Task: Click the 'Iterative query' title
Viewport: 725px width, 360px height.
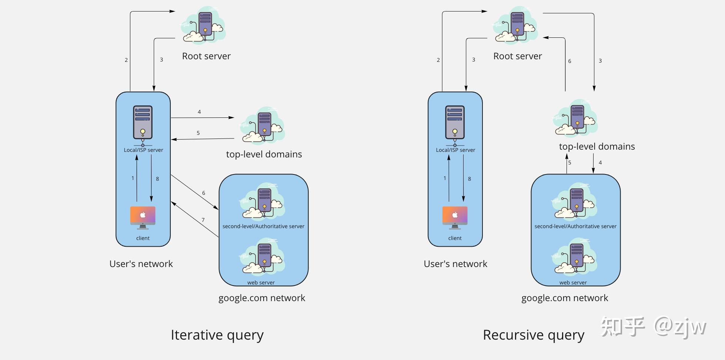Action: (x=217, y=335)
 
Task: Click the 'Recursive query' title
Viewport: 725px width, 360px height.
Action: (x=533, y=335)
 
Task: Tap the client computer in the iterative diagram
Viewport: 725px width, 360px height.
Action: (x=143, y=217)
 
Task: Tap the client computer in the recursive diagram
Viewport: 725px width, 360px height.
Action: (x=455, y=217)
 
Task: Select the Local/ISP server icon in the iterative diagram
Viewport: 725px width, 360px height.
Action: (x=143, y=123)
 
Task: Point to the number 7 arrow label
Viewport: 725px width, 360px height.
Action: (x=203, y=220)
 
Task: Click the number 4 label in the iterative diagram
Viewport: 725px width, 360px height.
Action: (x=199, y=112)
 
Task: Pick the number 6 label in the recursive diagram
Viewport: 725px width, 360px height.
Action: (x=569, y=61)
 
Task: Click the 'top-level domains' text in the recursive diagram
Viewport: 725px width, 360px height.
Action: (x=597, y=147)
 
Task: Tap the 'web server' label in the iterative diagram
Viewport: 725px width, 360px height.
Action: (x=261, y=283)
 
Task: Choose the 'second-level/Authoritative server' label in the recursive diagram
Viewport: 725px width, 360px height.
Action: (x=575, y=226)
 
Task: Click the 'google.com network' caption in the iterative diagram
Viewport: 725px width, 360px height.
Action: (x=261, y=298)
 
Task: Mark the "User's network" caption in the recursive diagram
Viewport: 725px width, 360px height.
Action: (x=455, y=264)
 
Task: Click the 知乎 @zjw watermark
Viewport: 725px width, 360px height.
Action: (x=653, y=327)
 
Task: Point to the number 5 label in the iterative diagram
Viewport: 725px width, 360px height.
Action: (x=198, y=133)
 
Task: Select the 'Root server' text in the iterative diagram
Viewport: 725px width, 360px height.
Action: (x=206, y=56)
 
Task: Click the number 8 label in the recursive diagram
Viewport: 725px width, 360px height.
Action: (x=470, y=179)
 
